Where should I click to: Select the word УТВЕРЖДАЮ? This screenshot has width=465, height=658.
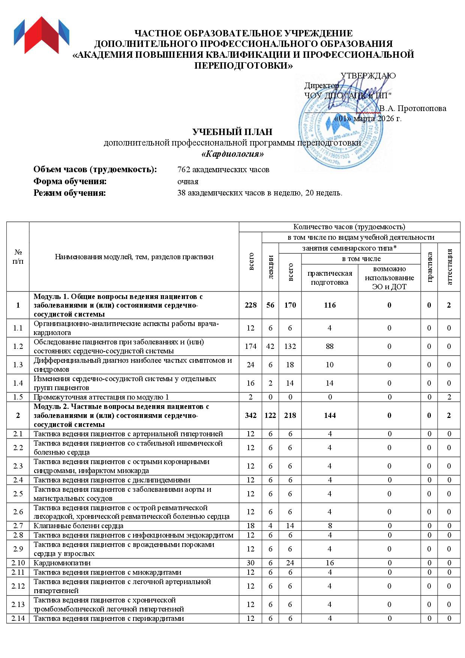coord(368,76)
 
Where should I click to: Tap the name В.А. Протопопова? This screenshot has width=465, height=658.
coord(412,109)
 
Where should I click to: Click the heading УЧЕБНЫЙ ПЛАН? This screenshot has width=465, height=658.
coord(232,132)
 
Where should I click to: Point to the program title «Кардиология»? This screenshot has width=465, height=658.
coord(232,154)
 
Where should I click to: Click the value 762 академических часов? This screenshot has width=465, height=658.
coord(223,170)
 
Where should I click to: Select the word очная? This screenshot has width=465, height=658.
coord(187,182)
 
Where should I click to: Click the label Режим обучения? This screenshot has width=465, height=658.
coord(70,194)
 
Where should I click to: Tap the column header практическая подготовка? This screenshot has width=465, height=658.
coord(330,278)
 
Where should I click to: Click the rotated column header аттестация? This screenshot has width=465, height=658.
coord(449,266)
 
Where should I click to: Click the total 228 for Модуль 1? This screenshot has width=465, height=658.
coord(250,305)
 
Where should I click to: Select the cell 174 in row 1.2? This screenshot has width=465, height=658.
coord(250,346)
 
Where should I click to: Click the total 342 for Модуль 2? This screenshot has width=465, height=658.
coord(250,416)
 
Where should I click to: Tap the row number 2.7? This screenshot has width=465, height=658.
coord(18,526)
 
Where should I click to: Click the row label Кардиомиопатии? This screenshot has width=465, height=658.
coord(62,563)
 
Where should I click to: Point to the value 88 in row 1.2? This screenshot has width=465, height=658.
coord(330,346)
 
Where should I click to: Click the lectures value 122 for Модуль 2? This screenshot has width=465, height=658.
coord(270,416)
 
